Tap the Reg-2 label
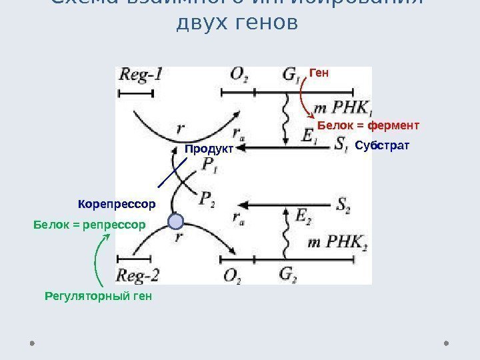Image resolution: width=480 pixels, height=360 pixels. coord(138,275)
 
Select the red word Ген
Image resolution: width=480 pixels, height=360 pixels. coord(319,71)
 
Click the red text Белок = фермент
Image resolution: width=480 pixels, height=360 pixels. coord(368,125)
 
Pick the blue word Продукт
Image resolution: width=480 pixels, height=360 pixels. coord(210,149)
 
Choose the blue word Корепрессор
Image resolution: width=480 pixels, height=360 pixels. coord(116,203)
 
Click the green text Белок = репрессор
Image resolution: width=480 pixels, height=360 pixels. coord(89,225)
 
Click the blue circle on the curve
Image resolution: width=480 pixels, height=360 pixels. coord(176,222)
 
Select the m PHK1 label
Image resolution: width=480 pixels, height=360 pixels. coord(343,107)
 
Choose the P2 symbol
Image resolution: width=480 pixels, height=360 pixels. coord(207,198)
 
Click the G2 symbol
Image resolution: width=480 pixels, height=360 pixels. coord(288,274)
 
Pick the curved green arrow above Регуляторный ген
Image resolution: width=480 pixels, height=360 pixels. coord(99,263)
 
